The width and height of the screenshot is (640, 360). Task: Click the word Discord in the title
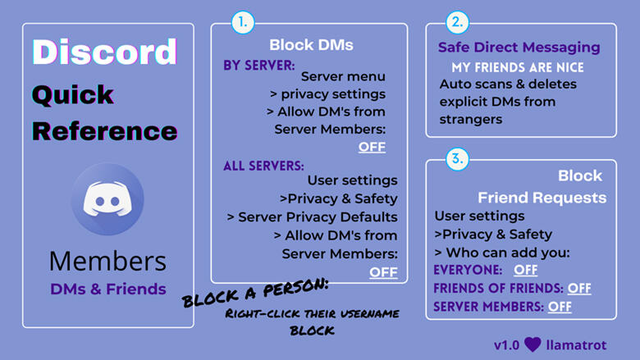pos(104,52)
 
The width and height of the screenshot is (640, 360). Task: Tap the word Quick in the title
pos(72,94)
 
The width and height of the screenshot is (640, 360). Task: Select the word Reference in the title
pos(104,130)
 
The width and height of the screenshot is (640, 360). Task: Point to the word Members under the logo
pos(107,261)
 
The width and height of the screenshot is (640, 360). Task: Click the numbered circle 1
pos(242,23)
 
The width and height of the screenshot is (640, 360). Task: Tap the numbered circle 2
pos(457,23)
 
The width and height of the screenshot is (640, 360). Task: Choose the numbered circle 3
pos(457,159)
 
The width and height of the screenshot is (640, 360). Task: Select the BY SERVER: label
pos(260,64)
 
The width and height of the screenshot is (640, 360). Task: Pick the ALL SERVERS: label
pos(263,166)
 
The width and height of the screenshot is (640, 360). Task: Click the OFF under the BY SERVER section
pos(372,148)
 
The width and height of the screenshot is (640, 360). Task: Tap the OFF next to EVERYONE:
pos(526,270)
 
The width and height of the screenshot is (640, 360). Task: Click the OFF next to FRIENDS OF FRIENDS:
pos(579,288)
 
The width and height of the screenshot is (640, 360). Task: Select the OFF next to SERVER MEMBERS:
pos(560,307)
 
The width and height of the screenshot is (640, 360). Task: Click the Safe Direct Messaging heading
pos(519,48)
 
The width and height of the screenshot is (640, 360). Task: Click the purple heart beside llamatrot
pos(533,343)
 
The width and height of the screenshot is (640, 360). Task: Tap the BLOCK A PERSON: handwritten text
pos(255,292)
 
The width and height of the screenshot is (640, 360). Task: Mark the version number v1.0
pos(507,343)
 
